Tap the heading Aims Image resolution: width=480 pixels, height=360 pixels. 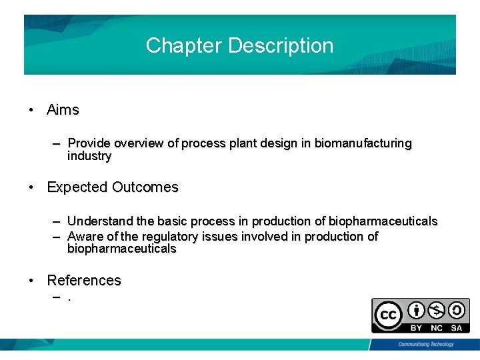[x=63, y=110]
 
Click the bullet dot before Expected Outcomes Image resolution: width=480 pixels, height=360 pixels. [x=31, y=188]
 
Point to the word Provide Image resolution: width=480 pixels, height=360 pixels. [x=89, y=143]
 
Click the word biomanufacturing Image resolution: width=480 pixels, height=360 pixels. [x=363, y=143]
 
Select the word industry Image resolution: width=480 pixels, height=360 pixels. [x=89, y=156]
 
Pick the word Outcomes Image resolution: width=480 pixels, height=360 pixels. [x=145, y=187]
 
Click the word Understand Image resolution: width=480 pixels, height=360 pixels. [x=101, y=221]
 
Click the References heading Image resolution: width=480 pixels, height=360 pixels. [x=84, y=281]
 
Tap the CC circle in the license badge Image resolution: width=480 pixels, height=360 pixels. [x=388, y=315]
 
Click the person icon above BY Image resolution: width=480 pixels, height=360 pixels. [x=417, y=311]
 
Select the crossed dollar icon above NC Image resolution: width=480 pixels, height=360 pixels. [x=437, y=311]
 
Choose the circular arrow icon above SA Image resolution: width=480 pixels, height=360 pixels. [x=457, y=311]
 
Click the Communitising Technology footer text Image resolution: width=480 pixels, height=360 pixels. [x=425, y=345]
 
